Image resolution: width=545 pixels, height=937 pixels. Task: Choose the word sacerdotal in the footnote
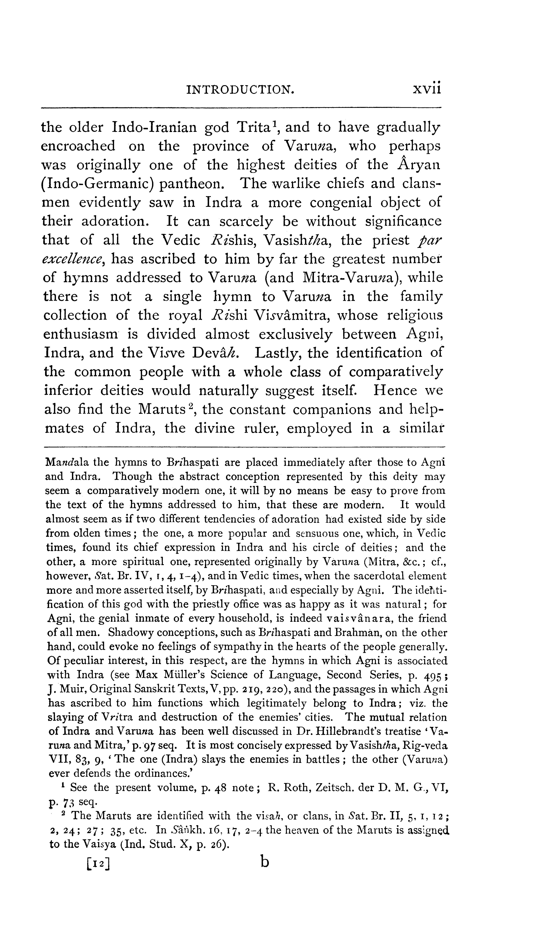tap(381, 576)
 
